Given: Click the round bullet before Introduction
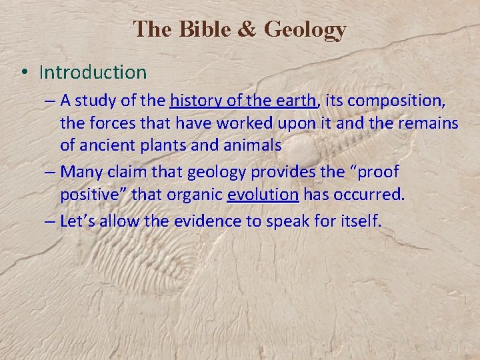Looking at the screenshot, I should pos(25,72).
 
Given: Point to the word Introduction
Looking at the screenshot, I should pos(93,71).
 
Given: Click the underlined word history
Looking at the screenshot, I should pos(193,101).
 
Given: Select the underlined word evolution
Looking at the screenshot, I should pos(263,195).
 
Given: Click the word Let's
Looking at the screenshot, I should pos(79,221).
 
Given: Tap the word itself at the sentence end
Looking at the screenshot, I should pos(359,221).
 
